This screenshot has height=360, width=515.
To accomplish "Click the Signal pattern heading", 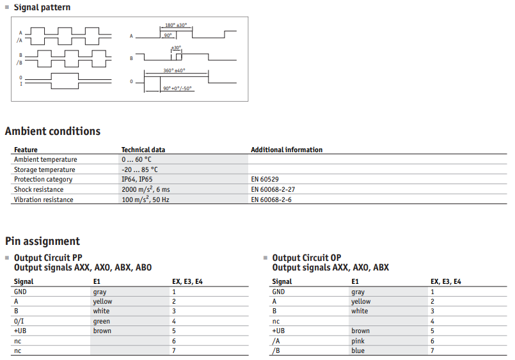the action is [42, 7].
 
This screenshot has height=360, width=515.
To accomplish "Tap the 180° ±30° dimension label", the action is [176, 25].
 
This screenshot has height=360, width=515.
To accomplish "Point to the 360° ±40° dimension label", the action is [174, 70].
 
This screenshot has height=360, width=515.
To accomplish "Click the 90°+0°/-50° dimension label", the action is [177, 88].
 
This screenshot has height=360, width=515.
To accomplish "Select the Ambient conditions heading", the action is [52, 131].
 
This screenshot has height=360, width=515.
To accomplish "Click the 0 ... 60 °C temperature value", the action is [136, 159].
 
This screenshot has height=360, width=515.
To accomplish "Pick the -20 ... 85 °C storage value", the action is [139, 169].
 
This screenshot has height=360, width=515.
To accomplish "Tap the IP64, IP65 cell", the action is [137, 179].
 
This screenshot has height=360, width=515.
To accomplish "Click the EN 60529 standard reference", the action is [265, 179].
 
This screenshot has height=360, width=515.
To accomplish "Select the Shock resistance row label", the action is [39, 189].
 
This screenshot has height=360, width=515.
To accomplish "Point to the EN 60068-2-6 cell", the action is [271, 200].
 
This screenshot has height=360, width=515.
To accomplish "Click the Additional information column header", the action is [287, 150].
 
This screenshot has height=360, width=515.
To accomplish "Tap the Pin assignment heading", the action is [42, 241].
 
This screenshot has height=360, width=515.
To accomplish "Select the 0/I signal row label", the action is [19, 321].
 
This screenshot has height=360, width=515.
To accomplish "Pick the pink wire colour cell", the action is [358, 341].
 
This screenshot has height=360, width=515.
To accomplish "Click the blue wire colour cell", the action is [358, 350].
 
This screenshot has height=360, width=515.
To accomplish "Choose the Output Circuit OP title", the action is [306, 258].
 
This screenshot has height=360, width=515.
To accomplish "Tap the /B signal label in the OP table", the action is [276, 350].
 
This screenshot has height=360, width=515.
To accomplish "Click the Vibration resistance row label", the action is [44, 200].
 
